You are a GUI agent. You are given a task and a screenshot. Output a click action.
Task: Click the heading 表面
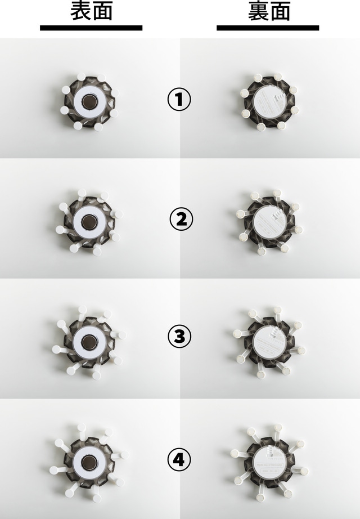[91, 11]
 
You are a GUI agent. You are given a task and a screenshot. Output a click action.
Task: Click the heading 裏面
[269, 11]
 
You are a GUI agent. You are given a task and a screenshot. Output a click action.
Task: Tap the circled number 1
[179, 99]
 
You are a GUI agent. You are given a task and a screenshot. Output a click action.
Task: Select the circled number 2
[181, 219]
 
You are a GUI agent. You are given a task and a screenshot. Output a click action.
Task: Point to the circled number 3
[179, 336]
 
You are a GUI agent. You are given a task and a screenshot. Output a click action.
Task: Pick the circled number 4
[179, 459]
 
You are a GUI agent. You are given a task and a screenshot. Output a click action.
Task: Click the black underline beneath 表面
[91, 28]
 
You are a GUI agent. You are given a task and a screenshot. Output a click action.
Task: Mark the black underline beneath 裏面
[268, 28]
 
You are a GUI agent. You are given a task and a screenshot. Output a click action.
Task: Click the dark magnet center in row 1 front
[89, 101]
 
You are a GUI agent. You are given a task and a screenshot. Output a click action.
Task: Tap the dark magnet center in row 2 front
[89, 222]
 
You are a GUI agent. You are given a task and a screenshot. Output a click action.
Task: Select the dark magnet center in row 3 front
[89, 342]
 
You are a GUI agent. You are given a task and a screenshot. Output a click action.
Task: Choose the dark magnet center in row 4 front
[88, 462]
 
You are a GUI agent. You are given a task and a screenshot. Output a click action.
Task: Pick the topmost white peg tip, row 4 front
[81, 427]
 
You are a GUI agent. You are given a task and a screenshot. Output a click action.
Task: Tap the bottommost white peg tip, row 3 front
[96, 375]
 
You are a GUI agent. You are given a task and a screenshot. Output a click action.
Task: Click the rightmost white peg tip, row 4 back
[304, 471]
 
